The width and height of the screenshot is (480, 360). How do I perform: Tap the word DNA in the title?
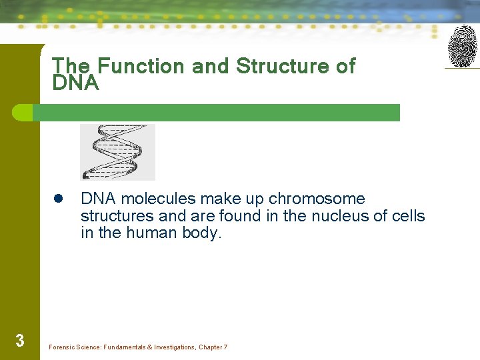pyautogui.click(x=75, y=83)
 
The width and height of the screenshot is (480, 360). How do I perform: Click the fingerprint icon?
pyautogui.click(x=462, y=46)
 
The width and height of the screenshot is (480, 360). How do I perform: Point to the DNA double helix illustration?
pyautogui.click(x=117, y=151)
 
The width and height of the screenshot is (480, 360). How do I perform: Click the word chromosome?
pyautogui.click(x=317, y=199)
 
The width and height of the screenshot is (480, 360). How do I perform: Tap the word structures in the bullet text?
pyautogui.click(x=117, y=216)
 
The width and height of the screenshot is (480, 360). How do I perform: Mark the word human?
pyautogui.click(x=151, y=233)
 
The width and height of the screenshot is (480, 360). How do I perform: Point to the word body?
pyautogui.click(x=201, y=233)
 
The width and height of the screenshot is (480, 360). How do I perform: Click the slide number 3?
pyautogui.click(x=20, y=341)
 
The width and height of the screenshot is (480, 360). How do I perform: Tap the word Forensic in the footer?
pyautogui.click(x=63, y=347)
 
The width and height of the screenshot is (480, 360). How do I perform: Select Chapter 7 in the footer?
pyautogui.click(x=213, y=347)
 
